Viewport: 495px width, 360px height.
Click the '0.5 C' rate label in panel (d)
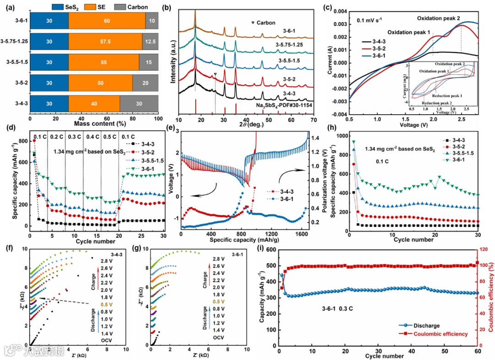pyautogui.click(x=101, y=136)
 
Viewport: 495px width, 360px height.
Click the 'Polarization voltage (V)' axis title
pyautogui.click(x=328, y=184)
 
